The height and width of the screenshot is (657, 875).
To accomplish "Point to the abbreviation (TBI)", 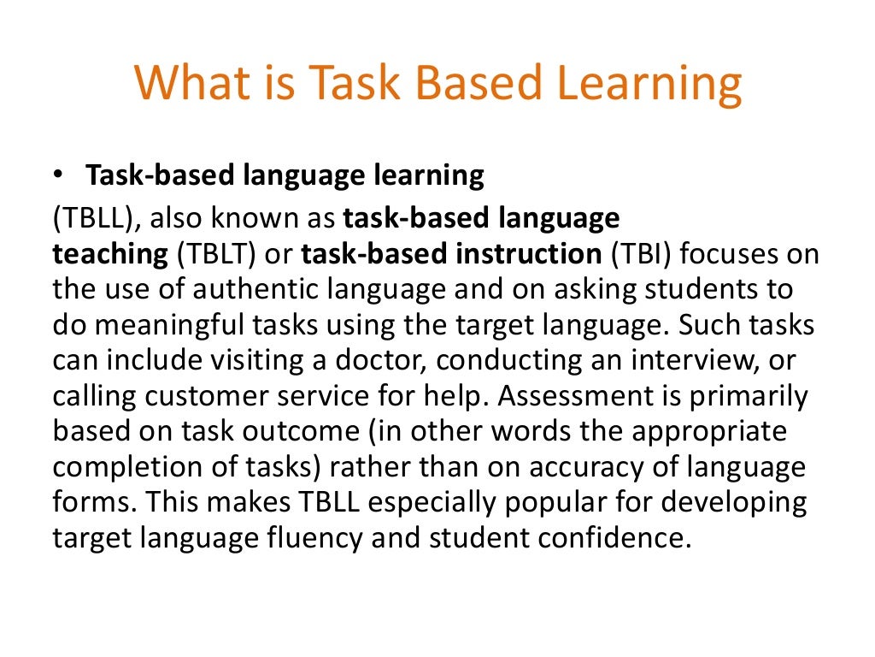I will click(637, 255).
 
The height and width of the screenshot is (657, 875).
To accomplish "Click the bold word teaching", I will click(110, 255).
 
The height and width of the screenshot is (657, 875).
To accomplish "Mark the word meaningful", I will click(157, 326).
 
